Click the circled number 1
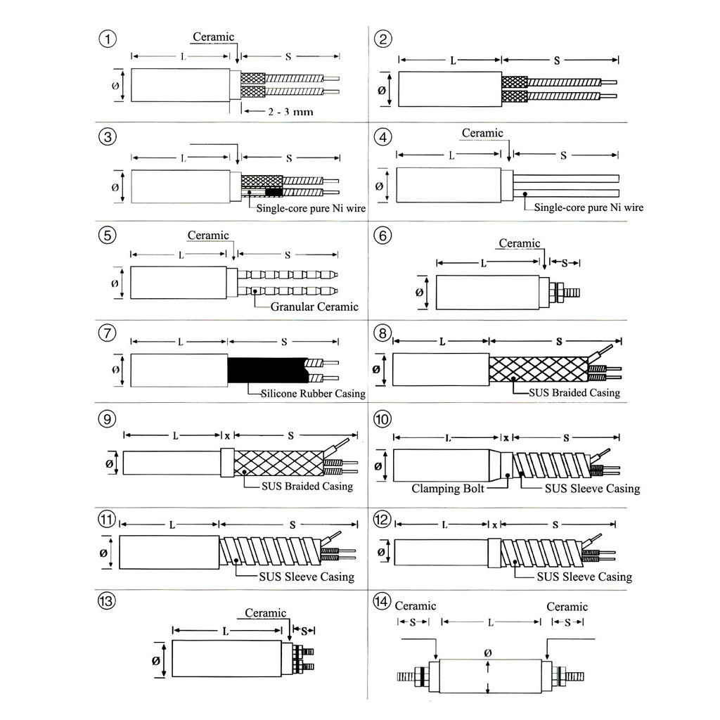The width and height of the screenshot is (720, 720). tap(108, 39)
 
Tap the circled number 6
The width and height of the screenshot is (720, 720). tap(382, 236)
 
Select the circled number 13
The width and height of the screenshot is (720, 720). tap(107, 600)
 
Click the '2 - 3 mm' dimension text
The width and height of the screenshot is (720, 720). tap(290, 112)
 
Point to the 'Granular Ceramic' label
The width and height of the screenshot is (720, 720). tap(314, 307)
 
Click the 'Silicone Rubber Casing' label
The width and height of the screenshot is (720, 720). tap(313, 394)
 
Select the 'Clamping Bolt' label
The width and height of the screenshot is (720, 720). tap(448, 489)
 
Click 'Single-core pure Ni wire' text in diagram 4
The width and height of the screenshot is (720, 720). tap(589, 207)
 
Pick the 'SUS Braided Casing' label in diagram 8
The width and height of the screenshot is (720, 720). tap(574, 392)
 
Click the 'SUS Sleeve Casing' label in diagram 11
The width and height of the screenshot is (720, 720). tap(307, 577)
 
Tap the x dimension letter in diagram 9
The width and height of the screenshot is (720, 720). tap(227, 436)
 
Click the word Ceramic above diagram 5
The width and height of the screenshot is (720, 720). tap(208, 236)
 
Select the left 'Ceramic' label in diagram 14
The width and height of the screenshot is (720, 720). tap(416, 606)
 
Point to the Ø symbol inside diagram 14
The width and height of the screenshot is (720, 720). tap(488, 653)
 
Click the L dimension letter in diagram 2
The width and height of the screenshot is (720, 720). tap(453, 60)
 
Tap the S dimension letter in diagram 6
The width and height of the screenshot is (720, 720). tap(565, 263)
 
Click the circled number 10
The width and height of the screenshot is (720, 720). tap(382, 419)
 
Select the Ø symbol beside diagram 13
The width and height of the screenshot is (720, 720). tap(155, 661)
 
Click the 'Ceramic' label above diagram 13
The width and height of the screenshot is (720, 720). tap(265, 613)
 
